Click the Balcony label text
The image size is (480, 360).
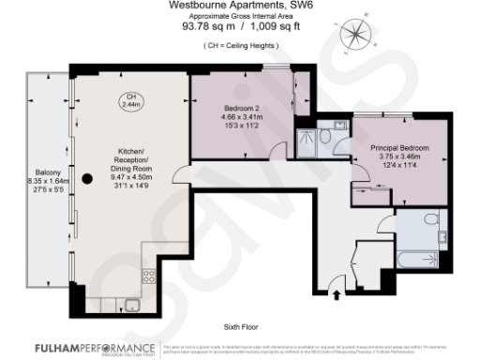tap(50, 177)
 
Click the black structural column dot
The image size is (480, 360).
tap(85, 178)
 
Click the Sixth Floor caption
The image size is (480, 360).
tap(241, 326)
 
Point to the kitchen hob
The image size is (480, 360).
tap(147, 276)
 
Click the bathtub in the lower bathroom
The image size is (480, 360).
tap(420, 260)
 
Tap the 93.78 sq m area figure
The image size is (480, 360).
tap(206, 27)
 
